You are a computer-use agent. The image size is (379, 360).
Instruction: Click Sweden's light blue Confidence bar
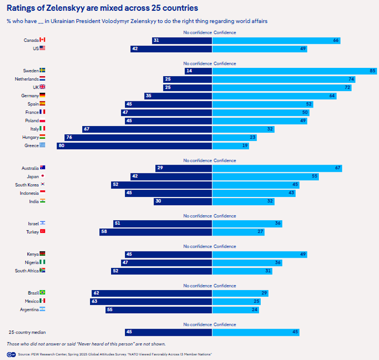coord(294,71)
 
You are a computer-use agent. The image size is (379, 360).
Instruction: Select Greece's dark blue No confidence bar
coord(134,146)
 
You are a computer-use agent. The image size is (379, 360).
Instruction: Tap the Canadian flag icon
coord(43,40)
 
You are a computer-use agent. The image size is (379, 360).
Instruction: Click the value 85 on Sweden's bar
coord(372,71)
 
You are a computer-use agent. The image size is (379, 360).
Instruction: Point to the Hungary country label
coord(30,137)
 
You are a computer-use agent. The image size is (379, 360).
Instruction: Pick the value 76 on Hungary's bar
coord(69,137)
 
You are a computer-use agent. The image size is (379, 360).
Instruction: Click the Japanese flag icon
coord(43,176)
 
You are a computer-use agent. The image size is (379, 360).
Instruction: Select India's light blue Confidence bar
coord(243,202)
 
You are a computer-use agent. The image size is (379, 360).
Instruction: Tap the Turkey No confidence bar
coord(156,232)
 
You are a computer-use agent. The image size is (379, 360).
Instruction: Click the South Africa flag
coord(43,271)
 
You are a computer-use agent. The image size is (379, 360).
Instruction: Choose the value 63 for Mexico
coord(95,301)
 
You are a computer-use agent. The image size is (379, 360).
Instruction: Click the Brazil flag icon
coord(43,293)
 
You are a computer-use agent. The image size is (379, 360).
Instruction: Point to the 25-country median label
coord(27,332)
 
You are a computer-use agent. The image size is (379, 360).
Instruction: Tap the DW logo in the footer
coord(11,354)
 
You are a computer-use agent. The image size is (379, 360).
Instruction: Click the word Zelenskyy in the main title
coord(65,8)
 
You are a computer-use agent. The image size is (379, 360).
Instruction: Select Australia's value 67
coord(338,168)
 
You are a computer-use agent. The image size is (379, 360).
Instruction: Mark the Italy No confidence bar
coord(147,130)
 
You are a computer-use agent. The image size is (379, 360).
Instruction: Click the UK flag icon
coord(43,87)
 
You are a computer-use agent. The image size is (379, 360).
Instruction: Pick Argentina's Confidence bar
coord(236,310)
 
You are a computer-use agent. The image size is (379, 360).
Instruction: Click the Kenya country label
coord(32,255)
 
